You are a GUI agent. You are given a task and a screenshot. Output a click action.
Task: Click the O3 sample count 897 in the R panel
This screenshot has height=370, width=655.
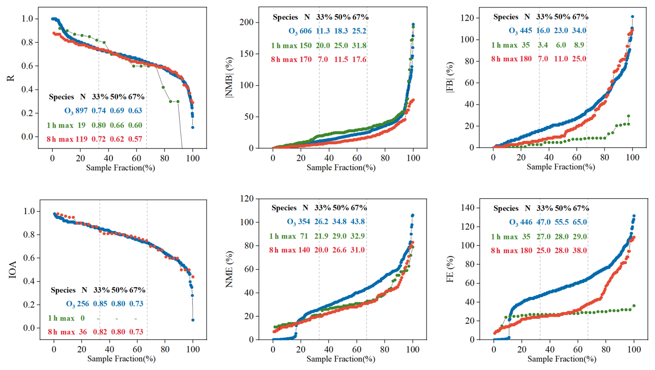(x=81, y=111)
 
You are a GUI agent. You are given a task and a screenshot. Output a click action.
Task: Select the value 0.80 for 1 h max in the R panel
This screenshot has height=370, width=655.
(x=98, y=125)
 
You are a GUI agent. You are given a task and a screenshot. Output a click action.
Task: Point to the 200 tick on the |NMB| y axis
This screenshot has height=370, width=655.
(x=246, y=22)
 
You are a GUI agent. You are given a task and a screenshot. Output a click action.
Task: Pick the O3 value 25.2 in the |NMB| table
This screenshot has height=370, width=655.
(x=359, y=31)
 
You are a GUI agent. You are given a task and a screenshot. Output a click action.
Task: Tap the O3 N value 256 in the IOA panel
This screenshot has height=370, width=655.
(x=83, y=304)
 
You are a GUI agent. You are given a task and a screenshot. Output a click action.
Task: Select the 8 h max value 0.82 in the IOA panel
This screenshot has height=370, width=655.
(x=100, y=332)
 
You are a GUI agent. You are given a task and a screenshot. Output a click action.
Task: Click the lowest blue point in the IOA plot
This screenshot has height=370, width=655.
(x=193, y=320)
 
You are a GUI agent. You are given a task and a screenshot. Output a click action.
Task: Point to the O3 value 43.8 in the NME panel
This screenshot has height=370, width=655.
(x=358, y=222)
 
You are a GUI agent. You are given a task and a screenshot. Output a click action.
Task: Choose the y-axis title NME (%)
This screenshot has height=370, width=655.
(x=229, y=269)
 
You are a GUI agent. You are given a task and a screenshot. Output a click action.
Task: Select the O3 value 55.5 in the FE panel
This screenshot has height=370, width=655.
(x=562, y=222)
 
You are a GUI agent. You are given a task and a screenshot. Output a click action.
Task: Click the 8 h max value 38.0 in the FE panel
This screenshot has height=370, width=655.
(x=580, y=251)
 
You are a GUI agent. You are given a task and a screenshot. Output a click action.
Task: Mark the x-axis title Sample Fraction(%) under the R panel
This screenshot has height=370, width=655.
(x=120, y=168)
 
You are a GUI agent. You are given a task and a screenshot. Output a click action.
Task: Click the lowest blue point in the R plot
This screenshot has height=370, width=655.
(x=192, y=127)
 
